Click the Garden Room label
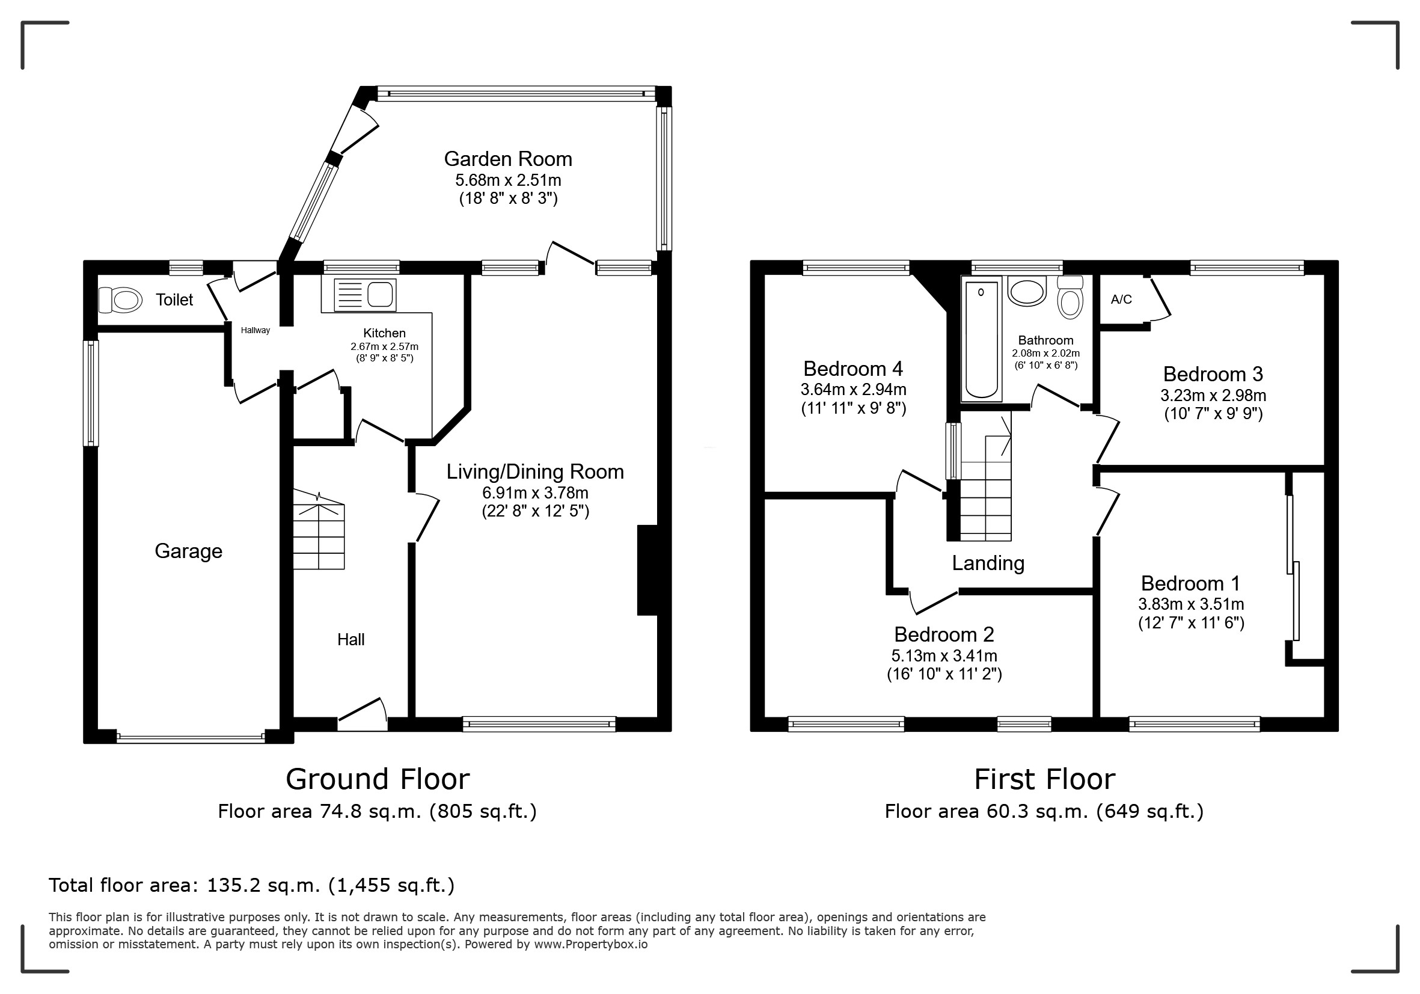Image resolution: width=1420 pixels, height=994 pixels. click(x=508, y=159)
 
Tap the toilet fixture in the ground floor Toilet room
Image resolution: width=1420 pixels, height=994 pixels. click(x=120, y=300)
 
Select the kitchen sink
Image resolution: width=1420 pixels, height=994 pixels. click(x=364, y=295)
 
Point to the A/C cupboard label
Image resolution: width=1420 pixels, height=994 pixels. click(x=1121, y=299)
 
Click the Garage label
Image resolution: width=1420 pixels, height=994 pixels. click(x=189, y=551)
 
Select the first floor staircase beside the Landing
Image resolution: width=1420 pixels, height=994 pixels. click(x=986, y=476)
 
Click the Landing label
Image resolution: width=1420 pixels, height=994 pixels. click(x=988, y=563)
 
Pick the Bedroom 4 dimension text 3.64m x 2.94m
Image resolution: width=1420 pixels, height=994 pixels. click(x=854, y=390)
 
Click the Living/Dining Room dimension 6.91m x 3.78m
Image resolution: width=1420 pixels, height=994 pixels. click(x=536, y=493)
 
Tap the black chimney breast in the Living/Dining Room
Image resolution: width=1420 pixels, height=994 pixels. click(x=647, y=570)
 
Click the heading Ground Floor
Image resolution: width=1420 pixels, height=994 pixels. click(x=378, y=779)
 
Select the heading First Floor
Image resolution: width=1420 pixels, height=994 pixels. click(x=1045, y=779)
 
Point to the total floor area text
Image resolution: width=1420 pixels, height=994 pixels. click(x=252, y=886)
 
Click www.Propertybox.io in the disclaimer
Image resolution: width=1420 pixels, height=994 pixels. click(x=590, y=945)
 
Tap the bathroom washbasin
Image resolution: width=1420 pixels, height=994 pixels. click(x=1027, y=290)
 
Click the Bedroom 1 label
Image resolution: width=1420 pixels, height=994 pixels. click(x=1191, y=583)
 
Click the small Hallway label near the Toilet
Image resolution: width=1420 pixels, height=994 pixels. click(x=256, y=330)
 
